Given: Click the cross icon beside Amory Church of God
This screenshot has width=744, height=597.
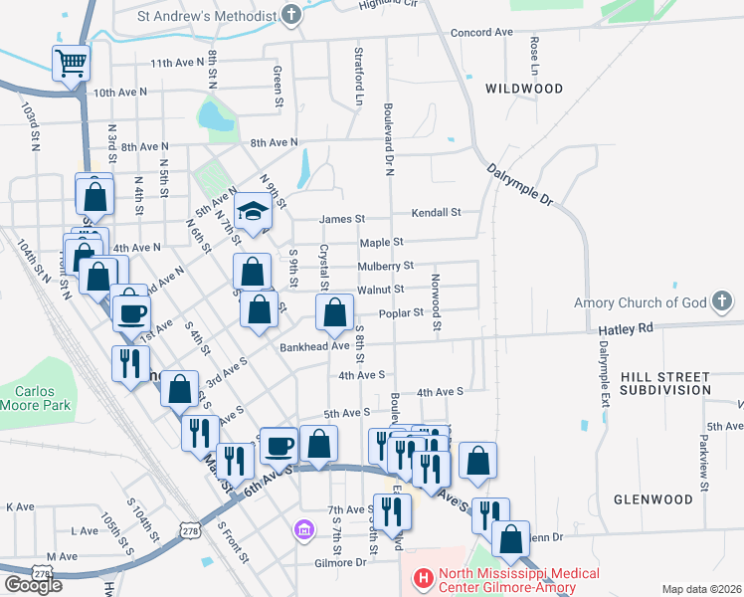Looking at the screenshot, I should tap(723, 301).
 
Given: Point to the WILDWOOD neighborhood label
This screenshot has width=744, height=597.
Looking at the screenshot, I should tap(524, 89).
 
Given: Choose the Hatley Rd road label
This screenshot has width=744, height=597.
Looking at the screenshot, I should tap(625, 327).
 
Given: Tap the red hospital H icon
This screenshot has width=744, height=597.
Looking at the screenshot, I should tap(423, 577).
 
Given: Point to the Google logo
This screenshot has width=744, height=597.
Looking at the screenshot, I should tap(33, 585).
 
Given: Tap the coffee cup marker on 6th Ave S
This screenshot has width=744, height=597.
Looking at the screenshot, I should tap(279, 446).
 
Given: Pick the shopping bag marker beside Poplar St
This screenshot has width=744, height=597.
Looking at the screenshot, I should tap(334, 314).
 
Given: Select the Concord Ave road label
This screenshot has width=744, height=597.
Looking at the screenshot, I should tap(481, 32).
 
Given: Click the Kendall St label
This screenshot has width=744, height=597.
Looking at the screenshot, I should tap(437, 212).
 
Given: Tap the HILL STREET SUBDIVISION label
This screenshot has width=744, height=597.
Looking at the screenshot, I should tap(664, 383).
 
